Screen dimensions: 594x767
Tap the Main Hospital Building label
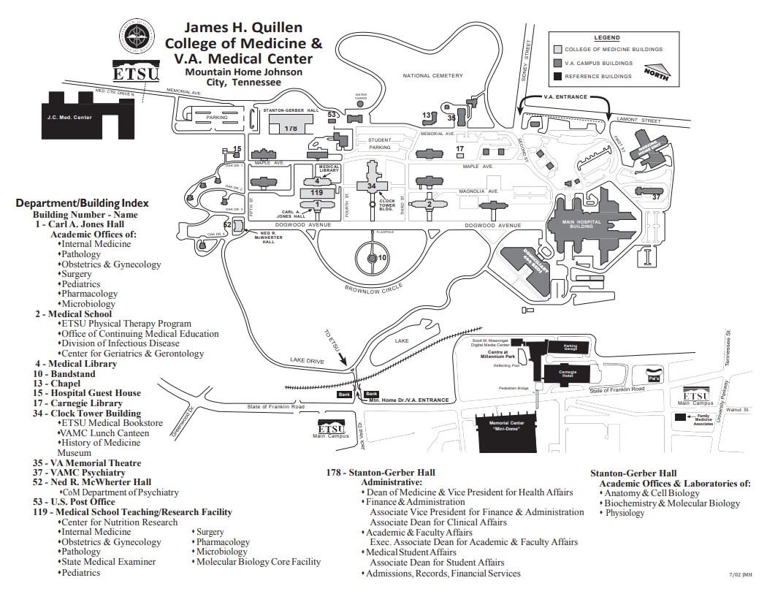[x=582, y=224]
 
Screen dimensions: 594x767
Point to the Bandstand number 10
[x=381, y=258]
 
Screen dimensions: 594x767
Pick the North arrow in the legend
[x=656, y=72]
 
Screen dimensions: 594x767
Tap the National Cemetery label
[x=432, y=76]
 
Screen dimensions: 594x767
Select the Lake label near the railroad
[x=402, y=340]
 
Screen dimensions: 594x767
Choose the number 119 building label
[x=316, y=192]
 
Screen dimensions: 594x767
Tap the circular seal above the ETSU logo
[x=137, y=37]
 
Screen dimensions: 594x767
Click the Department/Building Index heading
[x=82, y=203]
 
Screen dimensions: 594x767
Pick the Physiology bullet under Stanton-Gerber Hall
[x=625, y=513]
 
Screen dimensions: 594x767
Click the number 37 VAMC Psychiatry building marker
[x=655, y=197]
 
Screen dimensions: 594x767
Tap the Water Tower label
[x=360, y=96]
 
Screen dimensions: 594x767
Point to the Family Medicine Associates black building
[x=681, y=416]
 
